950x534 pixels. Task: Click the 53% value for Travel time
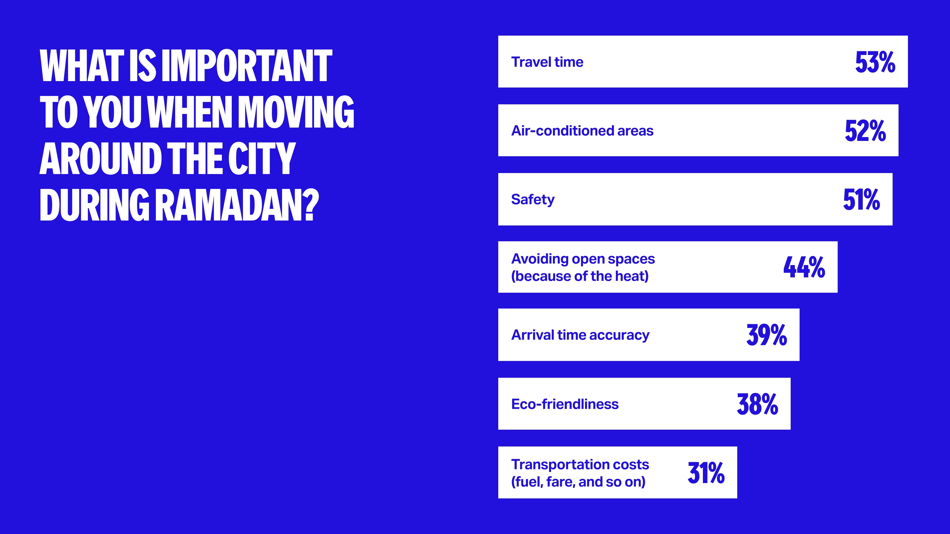click(875, 62)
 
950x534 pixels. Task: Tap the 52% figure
click(865, 131)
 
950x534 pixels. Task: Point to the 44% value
click(804, 267)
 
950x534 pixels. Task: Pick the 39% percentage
click(767, 335)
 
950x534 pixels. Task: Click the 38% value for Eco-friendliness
click(758, 404)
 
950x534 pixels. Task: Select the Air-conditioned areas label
click(582, 131)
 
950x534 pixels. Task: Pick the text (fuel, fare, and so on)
click(578, 482)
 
